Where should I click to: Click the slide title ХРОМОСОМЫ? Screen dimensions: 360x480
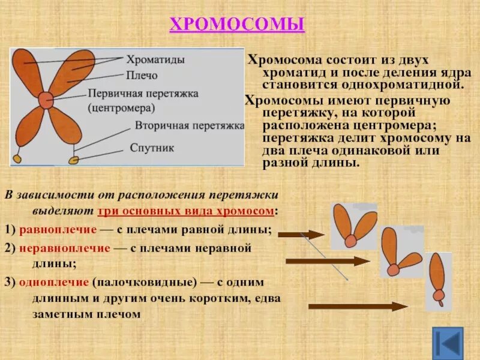(238, 25)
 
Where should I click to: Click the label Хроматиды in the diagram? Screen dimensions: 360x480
(155, 60)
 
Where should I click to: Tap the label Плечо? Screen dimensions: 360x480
(142, 76)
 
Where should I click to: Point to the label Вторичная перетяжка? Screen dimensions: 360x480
(189, 125)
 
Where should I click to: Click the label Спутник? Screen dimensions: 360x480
(152, 148)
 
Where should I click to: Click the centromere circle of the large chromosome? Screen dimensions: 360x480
(46, 100)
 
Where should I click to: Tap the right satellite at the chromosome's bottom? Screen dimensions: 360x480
(74, 160)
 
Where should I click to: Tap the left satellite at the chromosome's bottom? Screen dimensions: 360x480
(17, 158)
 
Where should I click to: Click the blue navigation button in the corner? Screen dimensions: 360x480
(448, 343)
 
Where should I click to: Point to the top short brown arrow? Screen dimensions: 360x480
(301, 235)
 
